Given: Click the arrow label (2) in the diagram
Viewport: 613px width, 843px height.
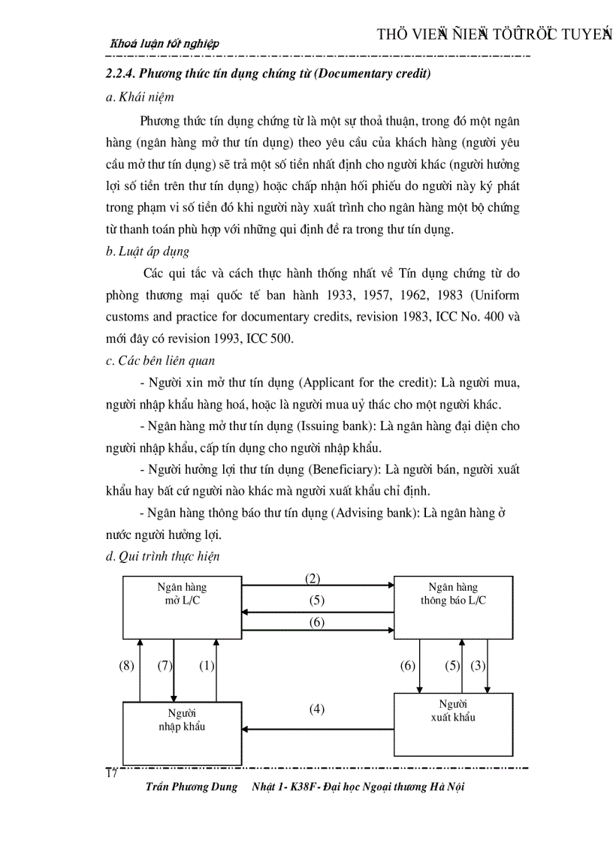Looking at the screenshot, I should pos(313,578).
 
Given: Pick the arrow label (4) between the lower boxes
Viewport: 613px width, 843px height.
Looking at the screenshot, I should pos(317,709).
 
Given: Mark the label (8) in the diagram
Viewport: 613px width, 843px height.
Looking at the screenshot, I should pos(127,666).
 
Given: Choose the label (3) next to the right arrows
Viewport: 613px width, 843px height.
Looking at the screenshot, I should pos(479,666).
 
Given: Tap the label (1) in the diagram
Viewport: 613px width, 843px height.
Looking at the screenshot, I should pos(207,666).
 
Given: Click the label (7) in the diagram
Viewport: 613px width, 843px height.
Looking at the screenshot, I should pos(166,666).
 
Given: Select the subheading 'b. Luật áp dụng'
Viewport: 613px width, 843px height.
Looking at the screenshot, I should pos(148,251).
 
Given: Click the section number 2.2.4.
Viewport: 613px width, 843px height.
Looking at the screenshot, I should pos(122,74).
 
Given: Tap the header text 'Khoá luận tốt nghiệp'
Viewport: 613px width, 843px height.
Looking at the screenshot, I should pos(165,44).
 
